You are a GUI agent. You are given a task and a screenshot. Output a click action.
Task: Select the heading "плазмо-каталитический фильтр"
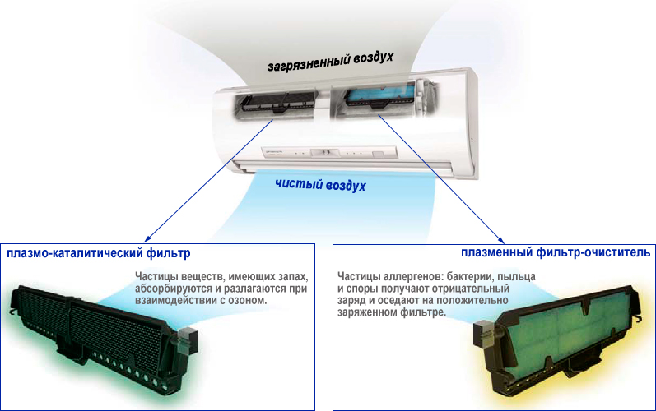coord(98,253)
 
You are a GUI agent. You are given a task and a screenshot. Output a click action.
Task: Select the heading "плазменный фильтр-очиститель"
coord(556,252)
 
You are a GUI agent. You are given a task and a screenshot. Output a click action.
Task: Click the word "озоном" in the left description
coord(247,300)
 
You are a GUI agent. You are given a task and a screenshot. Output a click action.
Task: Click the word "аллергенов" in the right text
coord(413,277)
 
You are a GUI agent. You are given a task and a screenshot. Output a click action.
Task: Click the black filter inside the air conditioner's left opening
coord(277,102)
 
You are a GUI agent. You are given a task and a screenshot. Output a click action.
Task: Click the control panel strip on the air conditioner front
coord(330,152)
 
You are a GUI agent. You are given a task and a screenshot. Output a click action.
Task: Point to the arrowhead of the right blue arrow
coord(502,242)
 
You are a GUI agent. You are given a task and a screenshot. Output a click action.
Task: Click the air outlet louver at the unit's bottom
coord(343,166)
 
